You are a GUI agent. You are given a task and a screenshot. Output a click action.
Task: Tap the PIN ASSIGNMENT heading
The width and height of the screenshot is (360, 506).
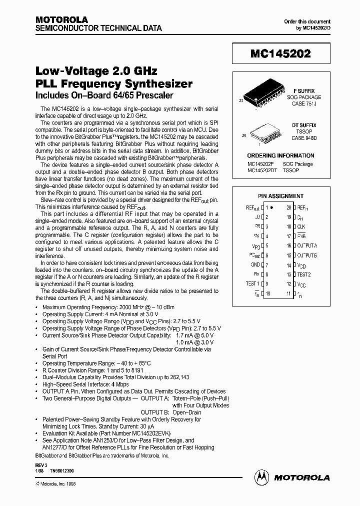point(280,196)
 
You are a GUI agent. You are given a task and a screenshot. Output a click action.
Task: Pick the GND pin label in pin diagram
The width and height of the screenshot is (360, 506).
point(255,265)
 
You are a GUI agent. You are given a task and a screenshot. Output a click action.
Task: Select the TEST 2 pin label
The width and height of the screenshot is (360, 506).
point(304,274)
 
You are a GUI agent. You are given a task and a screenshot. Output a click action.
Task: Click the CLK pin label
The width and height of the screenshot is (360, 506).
point(301,226)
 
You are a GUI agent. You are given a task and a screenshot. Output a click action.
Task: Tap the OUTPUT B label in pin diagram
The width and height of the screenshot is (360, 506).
point(307,255)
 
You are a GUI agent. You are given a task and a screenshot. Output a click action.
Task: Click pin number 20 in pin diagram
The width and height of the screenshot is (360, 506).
point(289,207)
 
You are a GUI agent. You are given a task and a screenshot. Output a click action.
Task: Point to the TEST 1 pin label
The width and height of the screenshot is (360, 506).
point(252,284)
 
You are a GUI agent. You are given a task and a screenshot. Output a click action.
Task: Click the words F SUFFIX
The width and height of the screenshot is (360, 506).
point(304,91)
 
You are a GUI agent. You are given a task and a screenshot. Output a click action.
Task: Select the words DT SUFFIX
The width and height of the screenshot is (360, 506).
point(304,125)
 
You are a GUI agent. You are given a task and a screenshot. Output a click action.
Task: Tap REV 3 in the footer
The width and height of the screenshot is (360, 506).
point(40,464)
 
